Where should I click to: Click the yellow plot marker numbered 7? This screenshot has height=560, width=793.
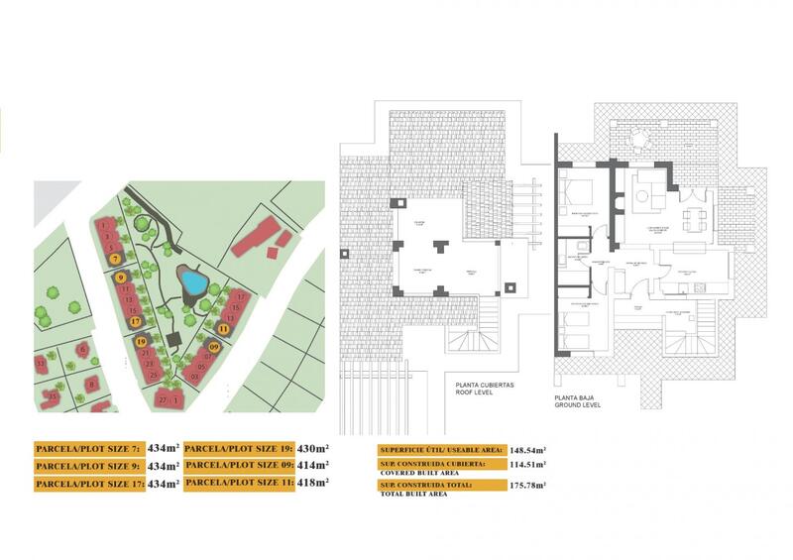(116, 258)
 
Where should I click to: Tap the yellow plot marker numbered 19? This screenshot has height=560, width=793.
(142, 342)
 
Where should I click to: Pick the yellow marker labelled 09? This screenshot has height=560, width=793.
(214, 347)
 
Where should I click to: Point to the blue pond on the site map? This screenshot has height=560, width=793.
(191, 284)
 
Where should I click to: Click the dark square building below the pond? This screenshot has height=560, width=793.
(173, 341)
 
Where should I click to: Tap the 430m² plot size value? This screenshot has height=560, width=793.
(312, 446)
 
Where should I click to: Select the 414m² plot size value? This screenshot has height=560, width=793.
(312, 464)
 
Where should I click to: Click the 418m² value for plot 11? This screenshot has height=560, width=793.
(312, 482)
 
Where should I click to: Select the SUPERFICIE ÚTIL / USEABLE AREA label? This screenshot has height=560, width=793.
(434, 448)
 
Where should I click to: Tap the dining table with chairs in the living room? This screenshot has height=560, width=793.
(698, 216)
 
